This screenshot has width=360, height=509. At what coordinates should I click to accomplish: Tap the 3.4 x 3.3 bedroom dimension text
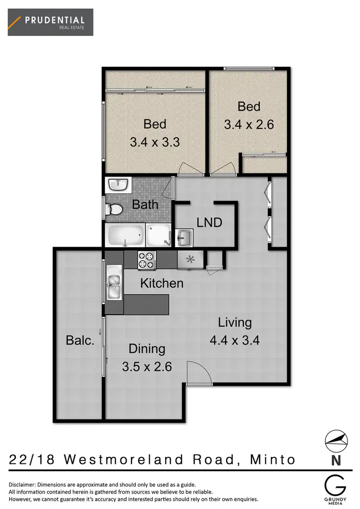[155, 142]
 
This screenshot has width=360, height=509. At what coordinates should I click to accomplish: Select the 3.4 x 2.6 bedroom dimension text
[249, 125]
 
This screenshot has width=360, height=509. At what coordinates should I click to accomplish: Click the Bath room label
[145, 204]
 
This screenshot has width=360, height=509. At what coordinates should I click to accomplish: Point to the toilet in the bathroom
[115, 209]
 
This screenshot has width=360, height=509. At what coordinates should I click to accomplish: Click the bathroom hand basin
[118, 184]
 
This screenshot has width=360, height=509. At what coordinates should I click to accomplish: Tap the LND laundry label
[209, 223]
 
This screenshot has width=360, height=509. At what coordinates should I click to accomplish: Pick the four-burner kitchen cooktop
[147, 260]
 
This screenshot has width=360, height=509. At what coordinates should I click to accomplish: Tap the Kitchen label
[162, 284]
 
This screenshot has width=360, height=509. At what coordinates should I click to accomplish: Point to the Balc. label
[79, 341]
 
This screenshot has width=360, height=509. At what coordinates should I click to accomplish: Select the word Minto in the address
[273, 460]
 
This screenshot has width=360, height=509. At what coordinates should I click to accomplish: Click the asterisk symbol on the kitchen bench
[190, 260]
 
